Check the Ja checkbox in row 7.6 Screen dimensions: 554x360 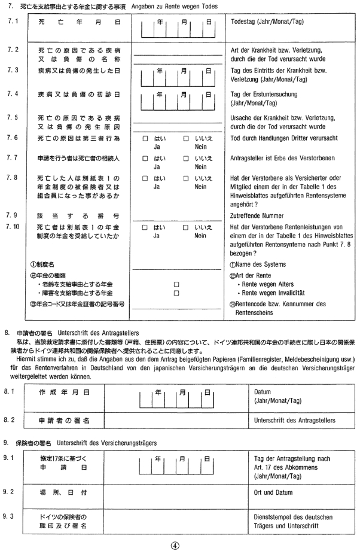coord(145,139)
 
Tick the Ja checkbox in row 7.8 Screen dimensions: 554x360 coord(145,178)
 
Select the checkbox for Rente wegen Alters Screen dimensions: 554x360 coord(176,284)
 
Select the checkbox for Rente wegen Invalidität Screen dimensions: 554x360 coord(176,293)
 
